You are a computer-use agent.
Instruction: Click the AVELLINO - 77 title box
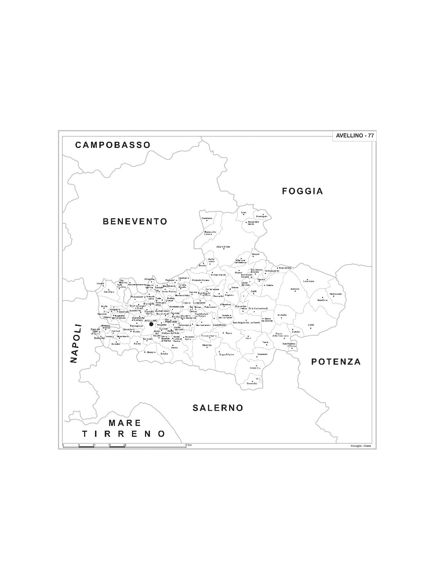(355, 136)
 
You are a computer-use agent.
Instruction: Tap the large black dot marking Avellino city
(152, 324)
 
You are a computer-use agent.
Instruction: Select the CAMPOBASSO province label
(113, 145)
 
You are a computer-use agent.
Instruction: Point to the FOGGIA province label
(302, 191)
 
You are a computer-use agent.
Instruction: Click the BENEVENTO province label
(135, 221)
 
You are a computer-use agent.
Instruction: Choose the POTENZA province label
(336, 361)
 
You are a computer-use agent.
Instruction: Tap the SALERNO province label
(217, 408)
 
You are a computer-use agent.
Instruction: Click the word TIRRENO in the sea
(124, 434)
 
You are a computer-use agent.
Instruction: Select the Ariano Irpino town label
(223, 247)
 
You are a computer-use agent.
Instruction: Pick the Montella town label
(207, 345)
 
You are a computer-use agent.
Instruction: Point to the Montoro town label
(151, 352)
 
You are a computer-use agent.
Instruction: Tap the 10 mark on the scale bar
(94, 444)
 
